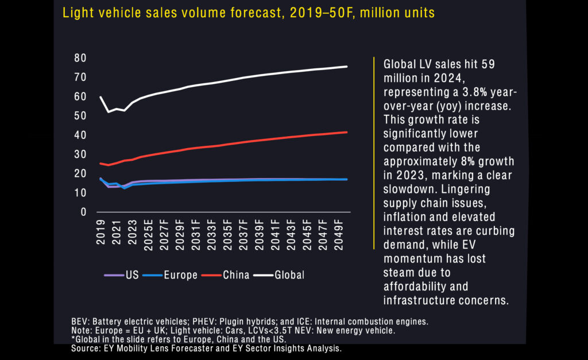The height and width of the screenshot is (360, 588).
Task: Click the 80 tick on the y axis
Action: (x=80, y=58)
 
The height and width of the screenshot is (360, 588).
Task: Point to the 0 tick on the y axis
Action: (x=83, y=212)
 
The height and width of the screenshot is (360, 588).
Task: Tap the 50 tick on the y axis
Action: (x=80, y=115)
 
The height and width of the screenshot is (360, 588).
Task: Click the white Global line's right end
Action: (x=347, y=67)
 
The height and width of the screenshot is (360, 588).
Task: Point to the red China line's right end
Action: (x=347, y=132)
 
